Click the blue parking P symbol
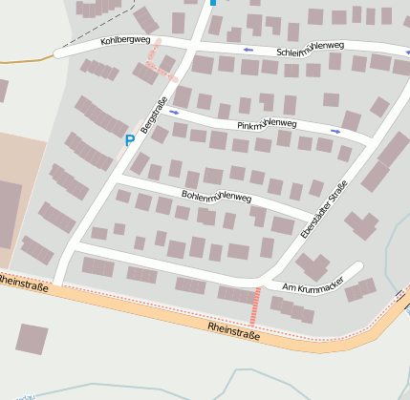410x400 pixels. pos(130,140)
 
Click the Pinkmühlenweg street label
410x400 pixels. pos(267,124)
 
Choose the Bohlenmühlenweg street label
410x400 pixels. pos(216,198)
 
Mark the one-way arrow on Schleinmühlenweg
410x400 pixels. pos(248,49)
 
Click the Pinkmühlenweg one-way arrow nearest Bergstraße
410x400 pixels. pos(174,112)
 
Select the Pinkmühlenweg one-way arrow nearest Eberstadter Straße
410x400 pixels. pos(335,131)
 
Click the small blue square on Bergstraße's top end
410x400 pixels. pos(212,3)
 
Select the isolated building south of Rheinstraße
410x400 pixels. pos(32,339)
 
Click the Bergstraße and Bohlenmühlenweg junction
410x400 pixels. pos(116,178)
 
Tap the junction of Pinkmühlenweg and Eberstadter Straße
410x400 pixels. pos(368,140)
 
